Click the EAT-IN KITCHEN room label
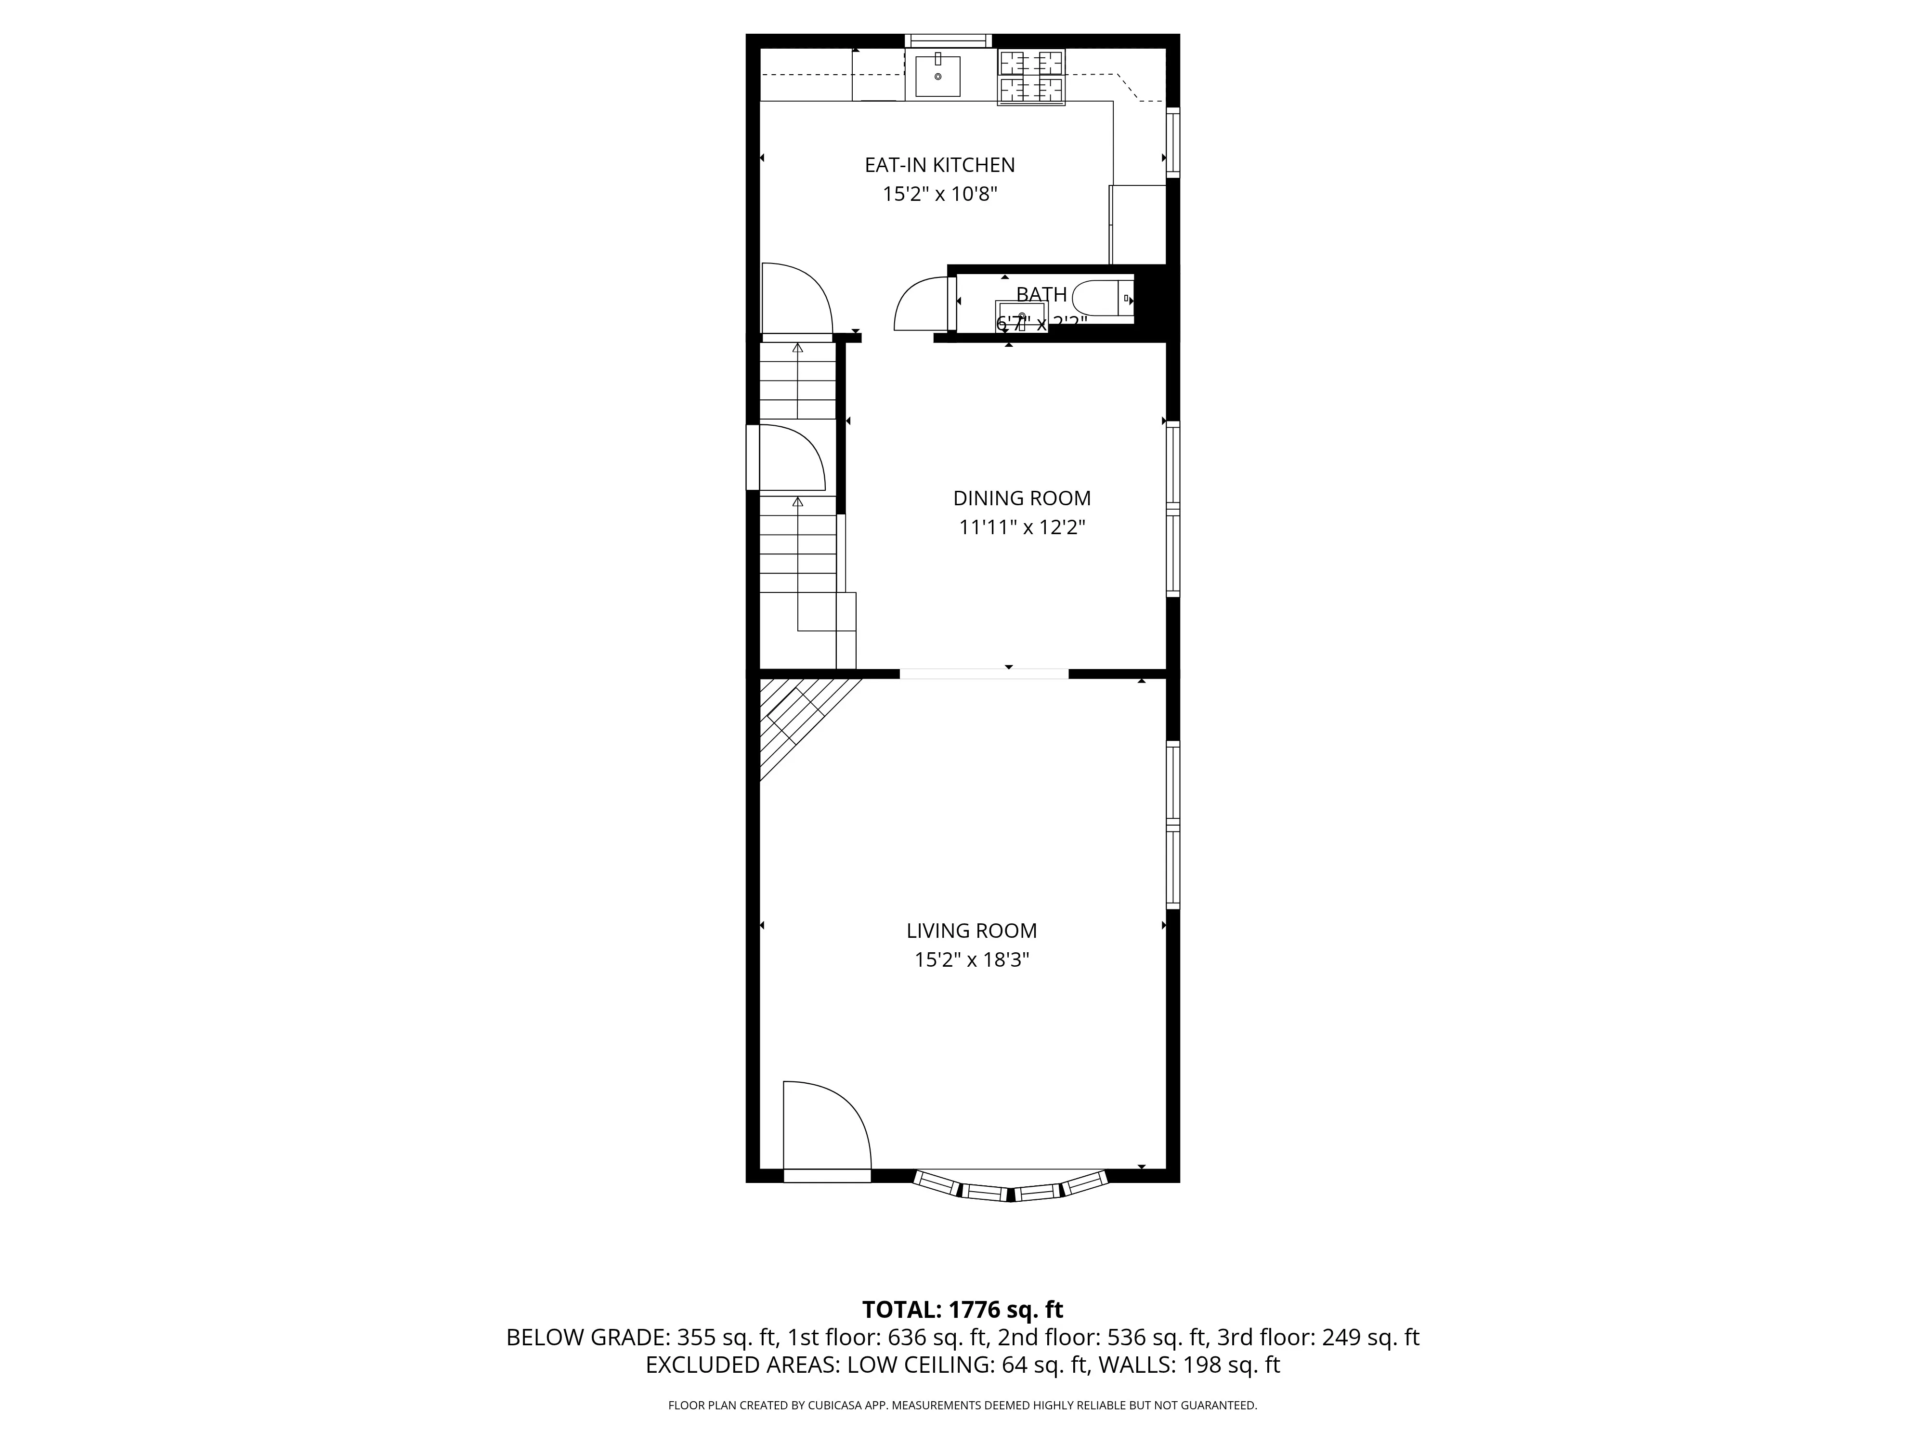pos(939,165)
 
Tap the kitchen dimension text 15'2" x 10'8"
pos(939,193)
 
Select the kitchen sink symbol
pos(938,76)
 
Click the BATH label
pos(1041,294)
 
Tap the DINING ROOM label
pos(1021,498)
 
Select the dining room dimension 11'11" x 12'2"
pos(1021,527)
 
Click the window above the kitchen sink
pos(948,40)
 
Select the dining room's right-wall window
pos(1173,510)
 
